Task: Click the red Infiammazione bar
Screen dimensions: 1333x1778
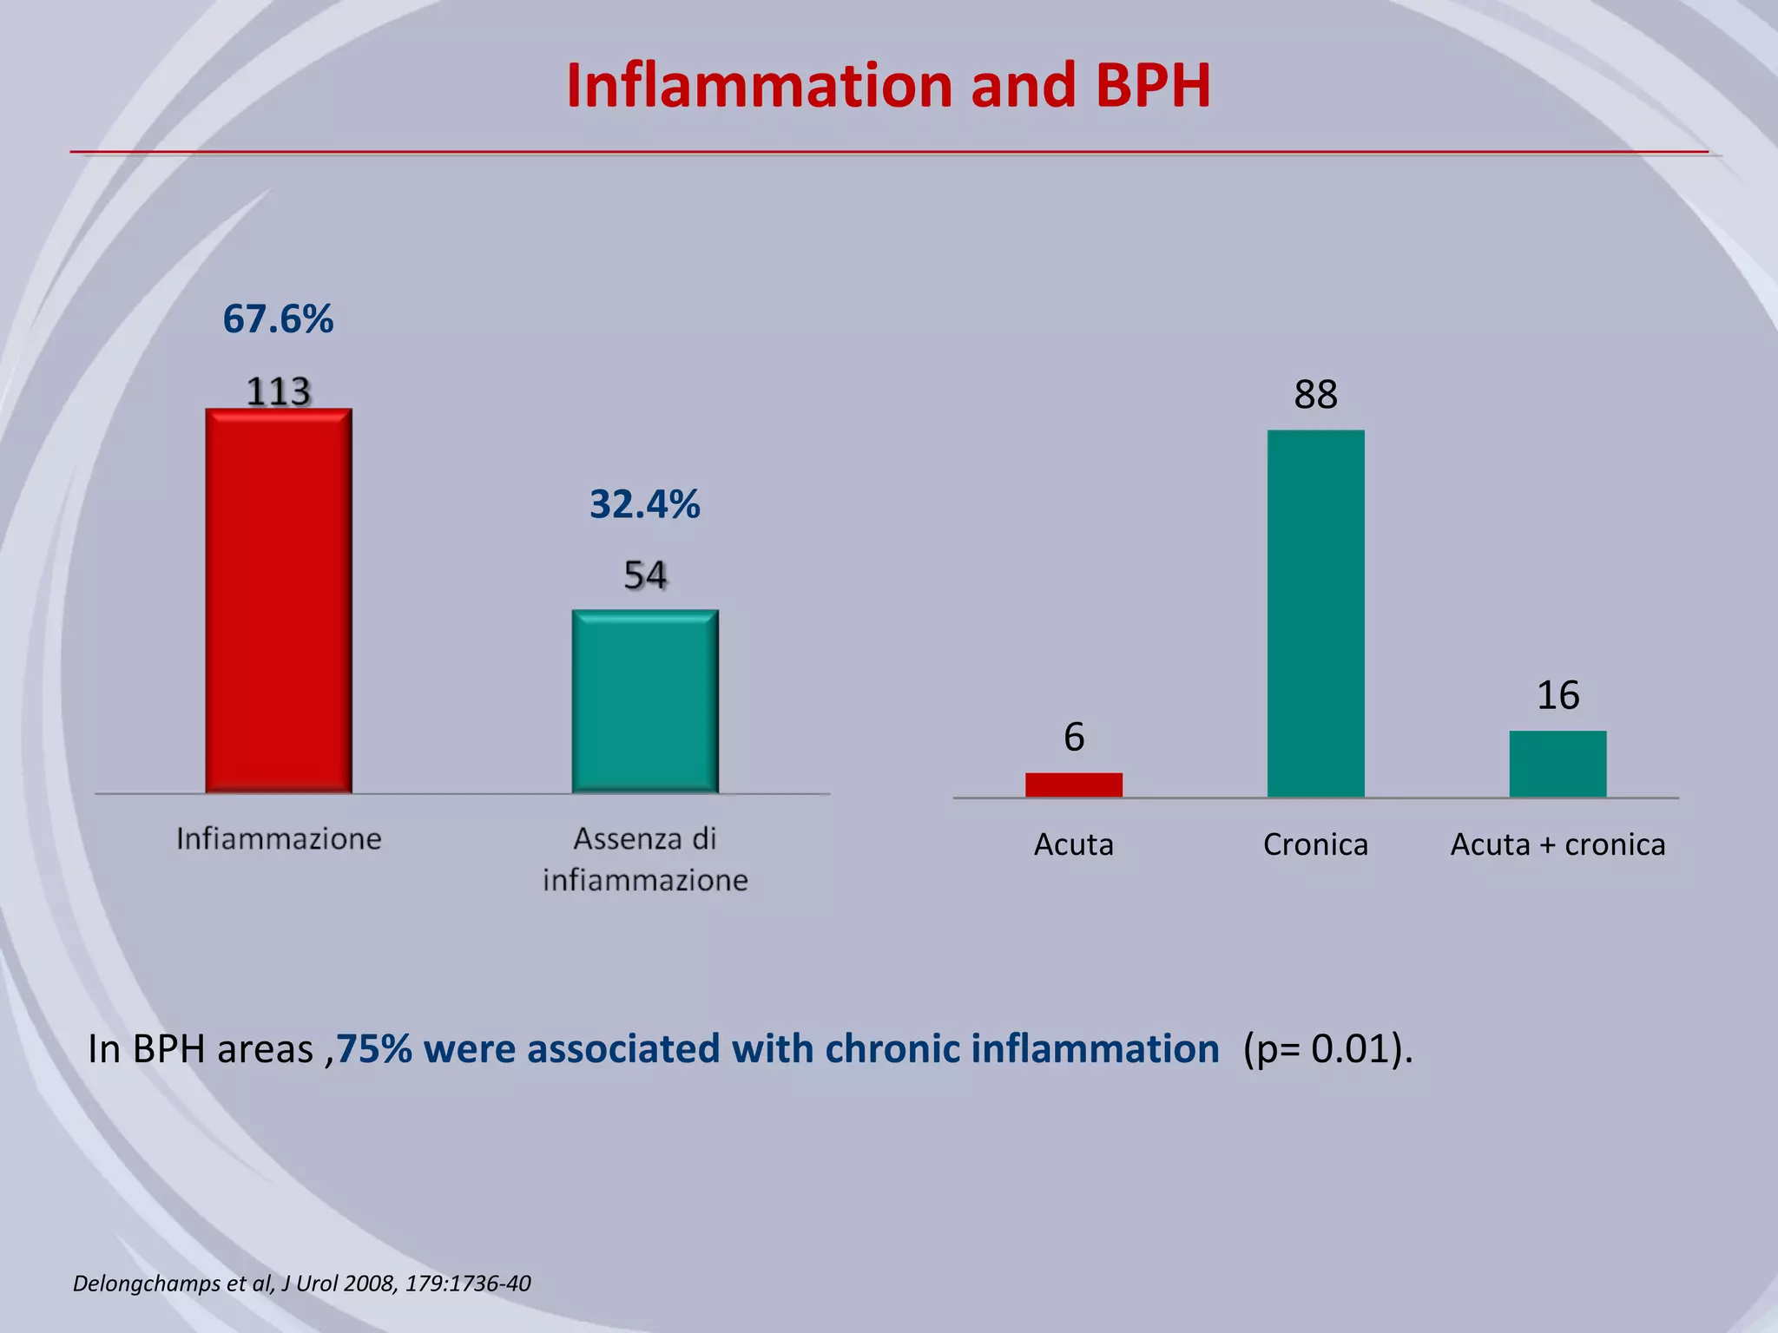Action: (279, 601)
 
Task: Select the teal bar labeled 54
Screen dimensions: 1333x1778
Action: (645, 701)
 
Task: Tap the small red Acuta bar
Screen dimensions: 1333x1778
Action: (1074, 785)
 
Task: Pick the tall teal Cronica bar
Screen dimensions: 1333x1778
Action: (1315, 613)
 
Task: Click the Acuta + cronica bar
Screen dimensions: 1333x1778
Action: (1557, 764)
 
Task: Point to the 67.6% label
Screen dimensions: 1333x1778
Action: (278, 319)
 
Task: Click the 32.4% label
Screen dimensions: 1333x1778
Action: (644, 504)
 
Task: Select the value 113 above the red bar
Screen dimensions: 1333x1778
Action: (278, 391)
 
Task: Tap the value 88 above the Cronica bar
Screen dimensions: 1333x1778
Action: (1315, 395)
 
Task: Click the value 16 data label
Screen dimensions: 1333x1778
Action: (1557, 695)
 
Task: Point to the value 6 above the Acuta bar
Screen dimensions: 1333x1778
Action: (1074, 738)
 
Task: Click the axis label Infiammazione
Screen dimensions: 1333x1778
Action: (279, 838)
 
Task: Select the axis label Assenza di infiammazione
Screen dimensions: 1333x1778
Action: (645, 859)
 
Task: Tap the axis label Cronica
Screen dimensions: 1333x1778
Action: (1315, 844)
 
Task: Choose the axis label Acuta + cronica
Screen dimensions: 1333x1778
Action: (1557, 844)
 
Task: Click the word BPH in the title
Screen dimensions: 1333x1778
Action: (1152, 86)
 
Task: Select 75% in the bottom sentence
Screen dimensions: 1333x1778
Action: (374, 1049)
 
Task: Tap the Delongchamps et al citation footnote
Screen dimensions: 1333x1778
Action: (301, 1284)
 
